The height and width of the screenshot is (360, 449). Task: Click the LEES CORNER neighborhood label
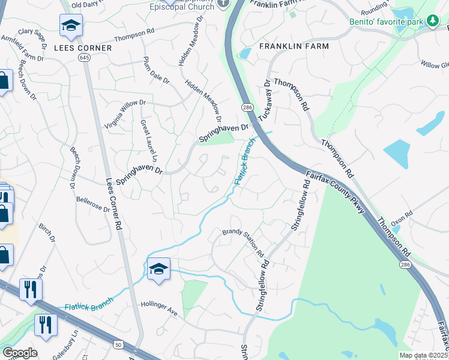[83, 47]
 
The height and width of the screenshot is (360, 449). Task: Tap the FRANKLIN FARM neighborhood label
[294, 46]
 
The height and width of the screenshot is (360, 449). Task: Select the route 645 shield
[83, 56]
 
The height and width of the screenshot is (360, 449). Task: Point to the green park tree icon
[432, 21]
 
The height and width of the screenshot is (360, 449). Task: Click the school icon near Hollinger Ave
[158, 269]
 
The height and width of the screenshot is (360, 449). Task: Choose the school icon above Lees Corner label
[70, 25]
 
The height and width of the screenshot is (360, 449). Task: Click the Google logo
[20, 353]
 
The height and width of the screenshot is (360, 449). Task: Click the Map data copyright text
[423, 355]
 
